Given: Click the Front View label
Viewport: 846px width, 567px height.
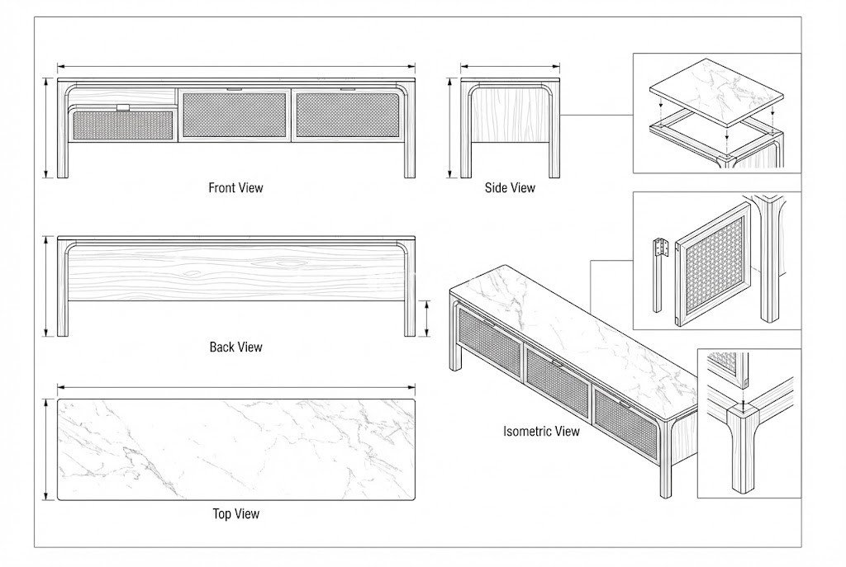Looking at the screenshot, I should pos(235,187).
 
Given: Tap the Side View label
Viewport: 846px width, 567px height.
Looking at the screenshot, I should pos(510,187).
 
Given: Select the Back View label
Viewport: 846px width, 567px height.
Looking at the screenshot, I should pos(235,347).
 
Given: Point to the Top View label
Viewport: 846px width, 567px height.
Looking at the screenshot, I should pos(235,513).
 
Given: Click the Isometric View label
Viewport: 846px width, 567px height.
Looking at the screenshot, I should pos(541,431).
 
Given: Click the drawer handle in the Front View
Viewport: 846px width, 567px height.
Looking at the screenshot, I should pos(123,106).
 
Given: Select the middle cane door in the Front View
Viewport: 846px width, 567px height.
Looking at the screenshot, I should pos(235,115).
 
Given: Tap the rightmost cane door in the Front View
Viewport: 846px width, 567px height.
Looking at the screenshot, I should pos(348,115).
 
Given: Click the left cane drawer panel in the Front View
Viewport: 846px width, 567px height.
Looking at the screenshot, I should pos(123,125).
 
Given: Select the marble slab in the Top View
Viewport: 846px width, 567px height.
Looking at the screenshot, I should pos(235,449).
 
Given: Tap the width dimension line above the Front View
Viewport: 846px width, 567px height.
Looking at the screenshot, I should pos(235,67).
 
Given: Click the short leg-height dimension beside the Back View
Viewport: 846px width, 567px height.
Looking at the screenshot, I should pos(427,318).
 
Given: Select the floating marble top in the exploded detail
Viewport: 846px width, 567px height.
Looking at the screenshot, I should pos(715,87).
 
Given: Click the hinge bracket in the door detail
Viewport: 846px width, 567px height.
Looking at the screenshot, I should pos(659,248).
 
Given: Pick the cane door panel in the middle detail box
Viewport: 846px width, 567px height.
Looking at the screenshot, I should pos(713,267).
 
